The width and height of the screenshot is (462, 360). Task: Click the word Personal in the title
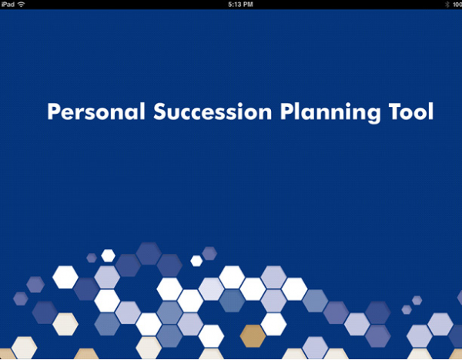tap(96, 112)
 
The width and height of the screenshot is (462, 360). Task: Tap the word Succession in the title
tap(213, 112)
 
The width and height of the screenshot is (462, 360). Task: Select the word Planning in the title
tap(330, 113)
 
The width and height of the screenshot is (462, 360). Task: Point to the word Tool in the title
tap(411, 112)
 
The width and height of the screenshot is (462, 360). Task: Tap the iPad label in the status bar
tap(8, 5)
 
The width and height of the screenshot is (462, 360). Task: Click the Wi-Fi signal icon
tap(22, 5)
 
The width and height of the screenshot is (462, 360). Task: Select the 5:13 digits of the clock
tap(234, 5)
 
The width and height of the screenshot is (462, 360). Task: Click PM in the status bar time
tap(248, 5)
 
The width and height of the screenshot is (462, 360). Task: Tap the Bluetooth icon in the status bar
tap(447, 5)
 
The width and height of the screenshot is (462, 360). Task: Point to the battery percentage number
tap(457, 5)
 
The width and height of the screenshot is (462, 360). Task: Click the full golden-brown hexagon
tap(253, 336)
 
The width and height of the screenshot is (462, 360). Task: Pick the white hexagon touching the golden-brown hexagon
tap(273, 324)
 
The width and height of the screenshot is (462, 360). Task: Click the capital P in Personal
tap(53, 112)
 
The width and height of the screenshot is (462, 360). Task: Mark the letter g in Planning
tap(373, 115)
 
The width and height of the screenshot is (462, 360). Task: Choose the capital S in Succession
tap(159, 112)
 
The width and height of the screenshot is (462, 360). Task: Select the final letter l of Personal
tap(143, 111)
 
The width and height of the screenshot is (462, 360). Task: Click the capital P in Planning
tap(286, 112)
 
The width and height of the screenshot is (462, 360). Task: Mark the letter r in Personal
tap(78, 114)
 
